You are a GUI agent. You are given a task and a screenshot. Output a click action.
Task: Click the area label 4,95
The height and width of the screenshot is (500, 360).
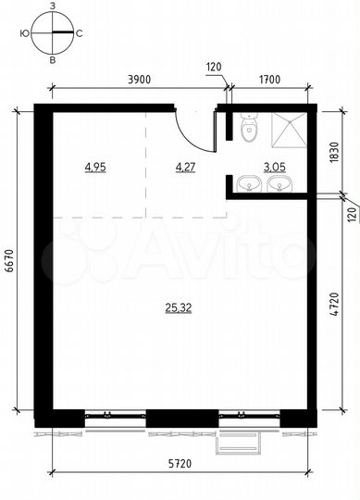(x=95, y=168)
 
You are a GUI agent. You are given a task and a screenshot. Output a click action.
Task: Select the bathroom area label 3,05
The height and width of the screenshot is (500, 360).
(x=275, y=168)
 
